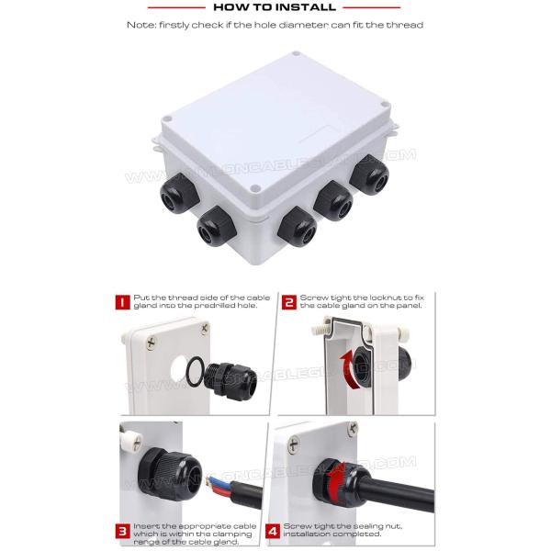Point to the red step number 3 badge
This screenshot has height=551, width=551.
pyautogui.click(x=120, y=530)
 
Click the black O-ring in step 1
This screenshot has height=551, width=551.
pyautogui.click(x=195, y=372)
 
